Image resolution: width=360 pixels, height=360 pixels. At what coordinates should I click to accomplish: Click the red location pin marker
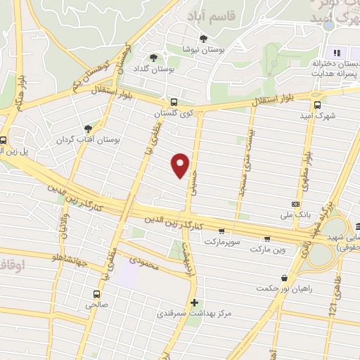[181, 165]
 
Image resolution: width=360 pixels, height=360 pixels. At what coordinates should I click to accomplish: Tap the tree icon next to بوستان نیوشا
[204, 39]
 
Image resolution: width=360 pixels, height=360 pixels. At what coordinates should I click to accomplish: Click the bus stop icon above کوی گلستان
[174, 102]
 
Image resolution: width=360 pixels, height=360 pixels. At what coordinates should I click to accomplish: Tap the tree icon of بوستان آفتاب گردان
[88, 128]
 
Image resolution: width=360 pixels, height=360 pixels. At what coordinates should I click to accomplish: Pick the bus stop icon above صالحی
[96, 294]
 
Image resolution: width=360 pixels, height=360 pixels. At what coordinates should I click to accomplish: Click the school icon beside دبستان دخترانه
[336, 53]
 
